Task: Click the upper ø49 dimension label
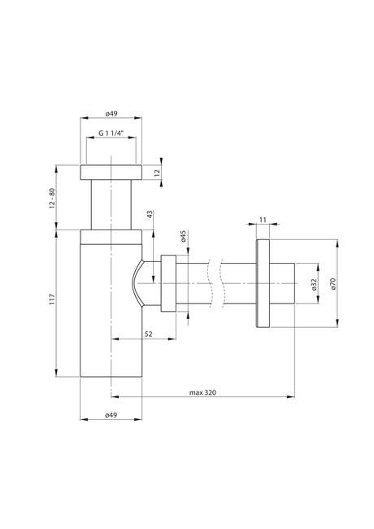tap(111, 114)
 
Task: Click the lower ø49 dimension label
tap(111, 415)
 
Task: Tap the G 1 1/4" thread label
tap(111, 133)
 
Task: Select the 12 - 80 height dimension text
tap(52, 198)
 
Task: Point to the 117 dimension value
tap(52, 299)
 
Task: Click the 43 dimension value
tap(150, 214)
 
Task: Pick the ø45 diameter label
tap(183, 236)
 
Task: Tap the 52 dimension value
tap(148, 334)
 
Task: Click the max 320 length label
tap(202, 392)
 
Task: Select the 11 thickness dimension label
tap(263, 220)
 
